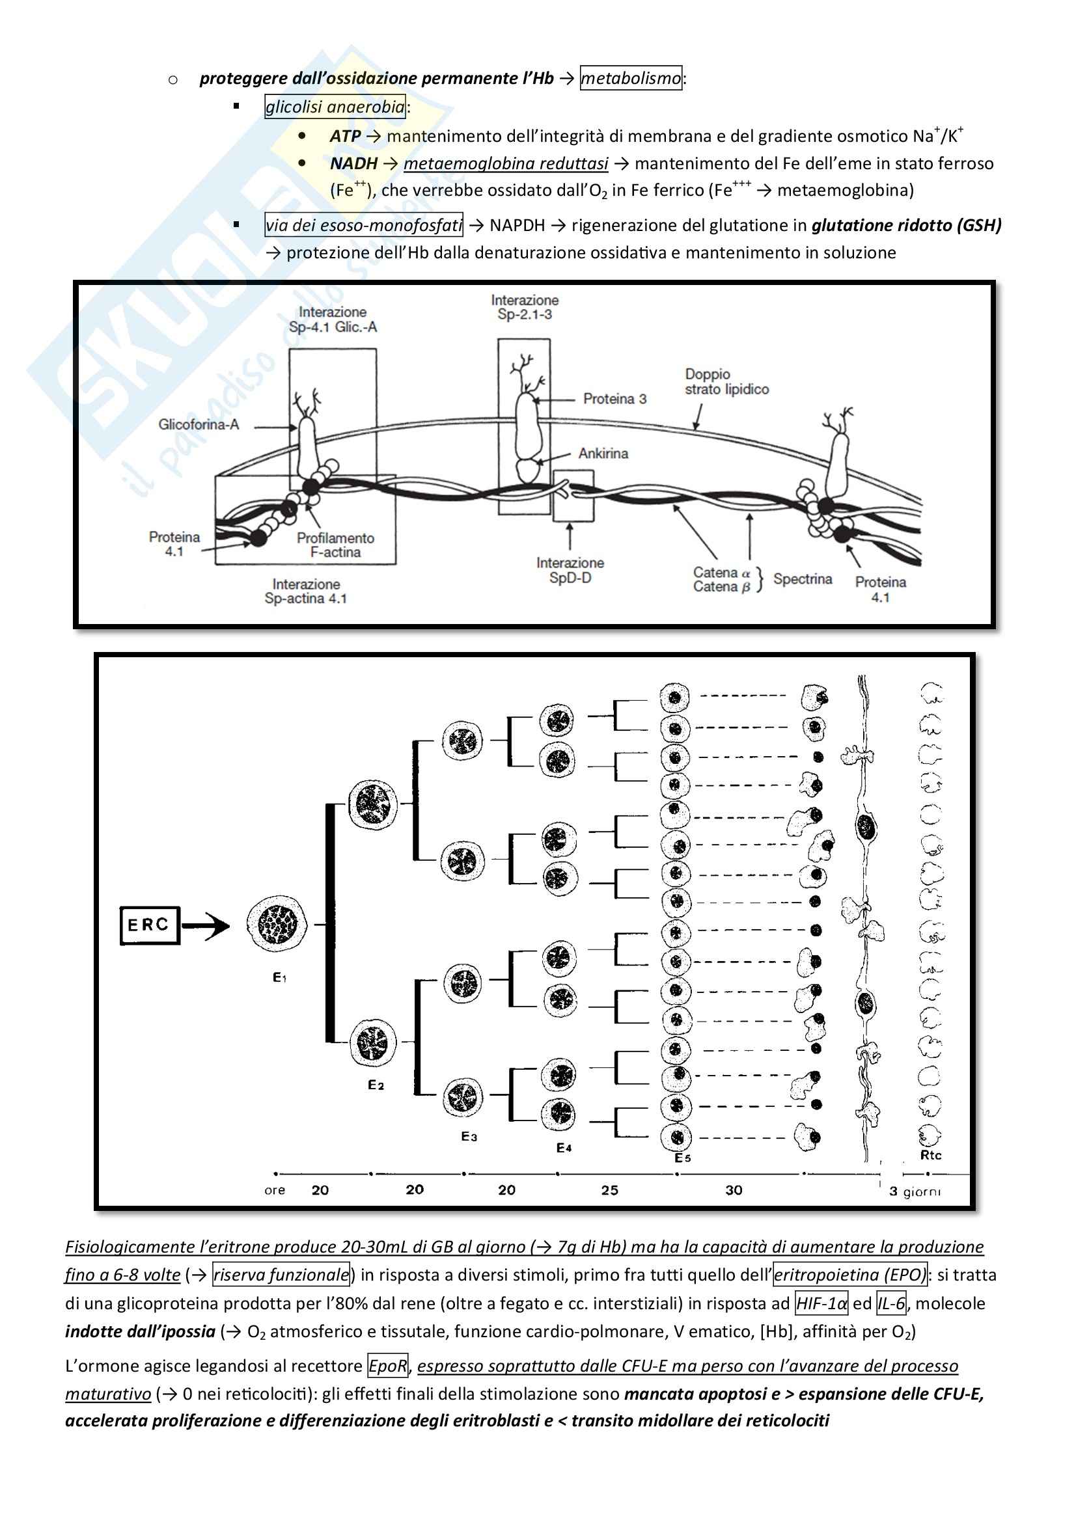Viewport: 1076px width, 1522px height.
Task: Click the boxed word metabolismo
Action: click(x=631, y=78)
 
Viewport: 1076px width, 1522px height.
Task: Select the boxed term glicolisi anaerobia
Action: click(x=335, y=107)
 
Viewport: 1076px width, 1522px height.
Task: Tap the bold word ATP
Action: click(x=345, y=137)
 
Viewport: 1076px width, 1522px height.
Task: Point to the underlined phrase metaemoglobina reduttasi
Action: click(x=505, y=164)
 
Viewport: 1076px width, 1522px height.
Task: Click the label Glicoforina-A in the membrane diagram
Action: click(x=199, y=424)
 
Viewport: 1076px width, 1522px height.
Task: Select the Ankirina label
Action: click(x=603, y=454)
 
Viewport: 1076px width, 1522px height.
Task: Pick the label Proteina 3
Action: click(x=614, y=399)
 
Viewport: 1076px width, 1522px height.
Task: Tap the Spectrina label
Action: click(x=802, y=578)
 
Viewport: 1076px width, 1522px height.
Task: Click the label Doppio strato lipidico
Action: click(x=726, y=382)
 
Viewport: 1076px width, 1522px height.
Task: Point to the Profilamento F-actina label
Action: click(x=335, y=545)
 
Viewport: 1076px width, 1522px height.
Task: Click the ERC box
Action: click(x=150, y=925)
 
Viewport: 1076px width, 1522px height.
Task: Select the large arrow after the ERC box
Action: click(x=206, y=925)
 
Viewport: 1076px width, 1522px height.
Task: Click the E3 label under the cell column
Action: click(x=469, y=1136)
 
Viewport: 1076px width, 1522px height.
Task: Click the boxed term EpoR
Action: click(x=388, y=1366)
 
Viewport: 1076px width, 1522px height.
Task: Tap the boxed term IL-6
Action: click(x=891, y=1303)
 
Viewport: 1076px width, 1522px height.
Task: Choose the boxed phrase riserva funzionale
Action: click(x=281, y=1275)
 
